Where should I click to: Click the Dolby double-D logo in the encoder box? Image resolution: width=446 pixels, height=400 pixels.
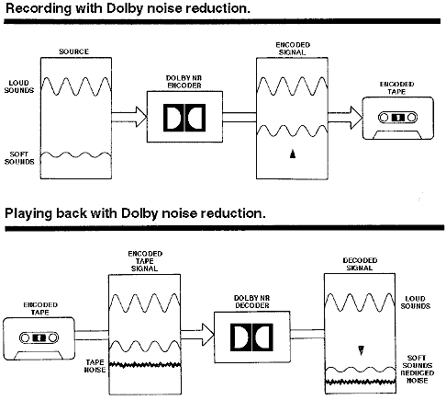pos(184,118)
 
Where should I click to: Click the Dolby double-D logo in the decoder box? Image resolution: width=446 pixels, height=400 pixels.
pos(251,337)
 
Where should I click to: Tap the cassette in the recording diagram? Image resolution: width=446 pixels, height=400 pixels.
pos(398,118)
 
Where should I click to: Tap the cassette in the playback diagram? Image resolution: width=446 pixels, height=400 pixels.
pos(39,338)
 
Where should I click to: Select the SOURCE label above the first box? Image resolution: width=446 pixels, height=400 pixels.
pos(73,51)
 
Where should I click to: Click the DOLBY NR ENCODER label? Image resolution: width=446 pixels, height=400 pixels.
pos(184,82)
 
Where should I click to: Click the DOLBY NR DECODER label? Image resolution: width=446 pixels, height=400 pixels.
pos(252,302)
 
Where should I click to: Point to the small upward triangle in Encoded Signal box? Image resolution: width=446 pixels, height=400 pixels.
pos(293,154)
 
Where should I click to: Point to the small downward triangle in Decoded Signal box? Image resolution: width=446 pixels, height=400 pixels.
pos(361,350)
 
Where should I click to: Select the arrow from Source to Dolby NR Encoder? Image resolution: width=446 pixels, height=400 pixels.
pos(129,117)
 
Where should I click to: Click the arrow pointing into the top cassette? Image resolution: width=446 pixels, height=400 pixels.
pos(345,118)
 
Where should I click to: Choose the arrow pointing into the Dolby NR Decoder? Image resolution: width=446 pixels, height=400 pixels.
pos(197,335)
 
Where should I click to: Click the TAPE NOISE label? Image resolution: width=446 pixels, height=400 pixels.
pos(95,366)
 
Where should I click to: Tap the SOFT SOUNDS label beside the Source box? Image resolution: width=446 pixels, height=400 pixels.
pos(19,158)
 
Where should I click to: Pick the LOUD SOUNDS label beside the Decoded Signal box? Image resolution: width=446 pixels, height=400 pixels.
pos(416,303)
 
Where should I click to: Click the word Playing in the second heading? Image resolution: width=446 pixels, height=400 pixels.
pos(28,213)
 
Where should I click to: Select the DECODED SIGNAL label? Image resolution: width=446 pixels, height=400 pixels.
pos(360,264)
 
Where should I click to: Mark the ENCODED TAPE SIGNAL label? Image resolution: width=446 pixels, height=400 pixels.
pos(145,261)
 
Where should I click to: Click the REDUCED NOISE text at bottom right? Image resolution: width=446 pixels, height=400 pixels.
pos(418,377)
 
